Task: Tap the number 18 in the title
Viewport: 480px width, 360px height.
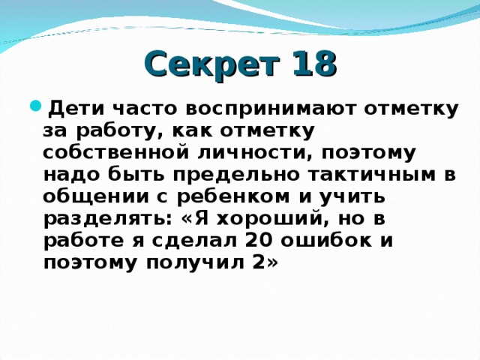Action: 308,64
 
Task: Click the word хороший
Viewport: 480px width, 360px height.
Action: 268,218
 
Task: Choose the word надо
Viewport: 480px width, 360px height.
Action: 68,175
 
